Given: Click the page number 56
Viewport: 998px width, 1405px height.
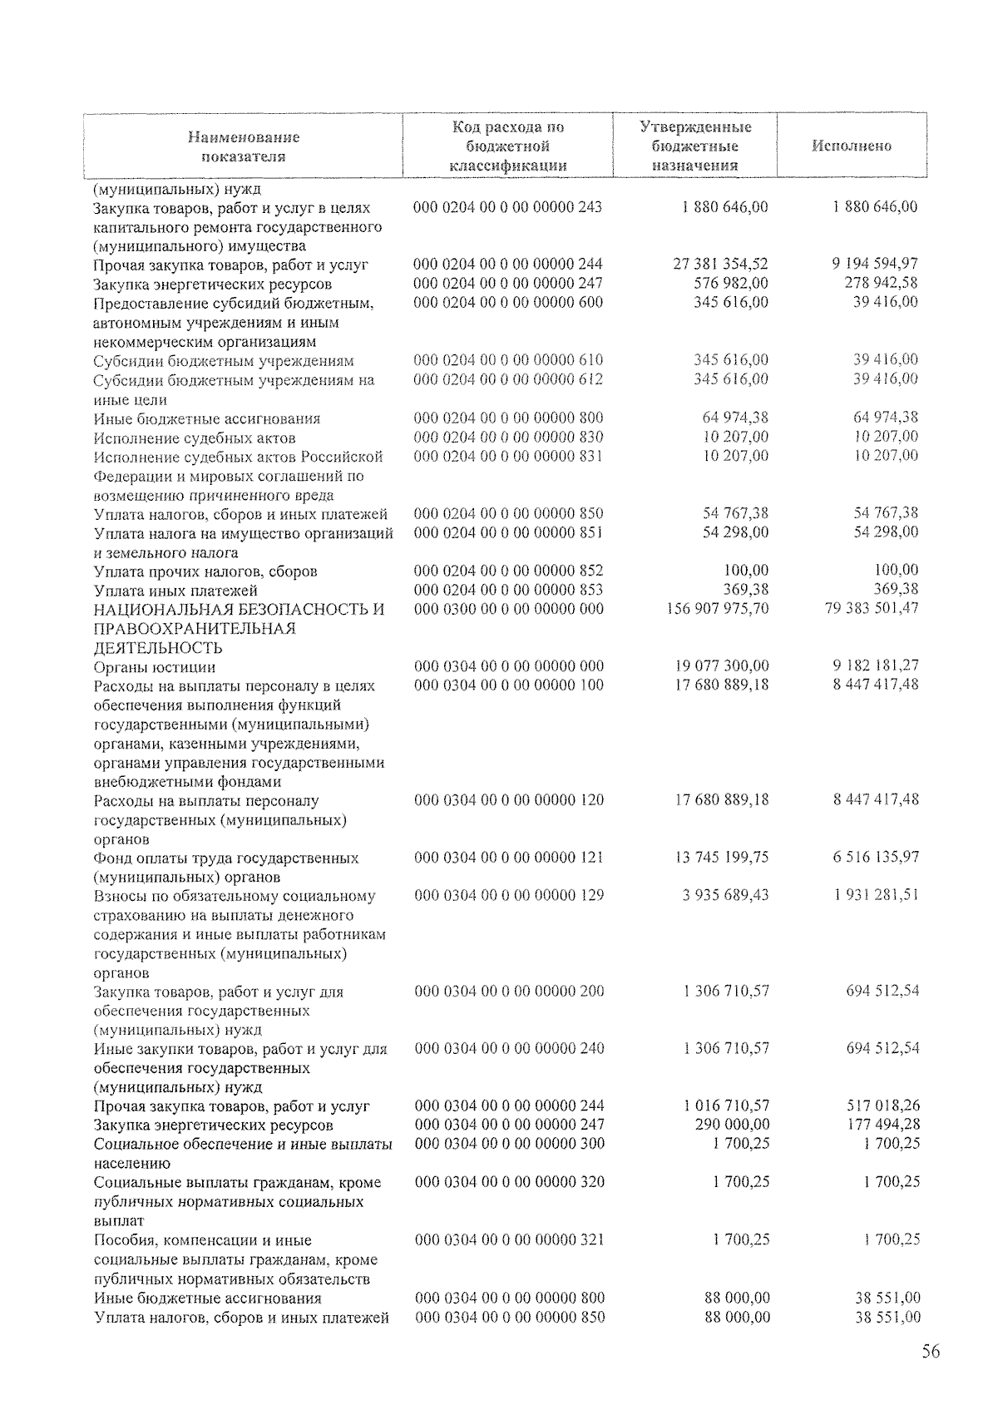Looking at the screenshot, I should pyautogui.click(x=930, y=1352).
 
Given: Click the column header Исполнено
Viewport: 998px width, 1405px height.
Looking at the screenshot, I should pyautogui.click(x=852, y=146).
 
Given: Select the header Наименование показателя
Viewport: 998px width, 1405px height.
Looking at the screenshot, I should pyautogui.click(x=243, y=146).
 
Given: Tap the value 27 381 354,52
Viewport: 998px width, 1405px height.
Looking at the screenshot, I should pyautogui.click(x=720, y=265).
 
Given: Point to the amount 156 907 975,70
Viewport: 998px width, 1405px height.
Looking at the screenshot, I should pyautogui.click(x=718, y=609).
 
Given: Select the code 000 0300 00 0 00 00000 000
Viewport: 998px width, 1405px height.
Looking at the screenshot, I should pyautogui.click(x=509, y=609).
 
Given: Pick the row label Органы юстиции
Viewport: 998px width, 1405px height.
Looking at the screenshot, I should pyautogui.click(x=155, y=667).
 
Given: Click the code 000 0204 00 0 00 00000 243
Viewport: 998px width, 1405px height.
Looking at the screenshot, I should pyautogui.click(x=507, y=207).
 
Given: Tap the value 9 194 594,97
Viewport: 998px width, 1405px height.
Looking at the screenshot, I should pyautogui.click(x=874, y=265).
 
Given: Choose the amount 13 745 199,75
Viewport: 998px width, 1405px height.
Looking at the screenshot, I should pyautogui.click(x=722, y=858).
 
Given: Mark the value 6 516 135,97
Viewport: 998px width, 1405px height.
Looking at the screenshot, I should pyautogui.click(x=876, y=858).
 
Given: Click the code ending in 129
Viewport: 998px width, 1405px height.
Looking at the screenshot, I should pyautogui.click(x=509, y=896).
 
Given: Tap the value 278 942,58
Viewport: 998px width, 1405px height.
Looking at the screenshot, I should pyautogui.click(x=881, y=284).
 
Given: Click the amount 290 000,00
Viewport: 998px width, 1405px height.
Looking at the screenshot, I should pyautogui.click(x=731, y=1125).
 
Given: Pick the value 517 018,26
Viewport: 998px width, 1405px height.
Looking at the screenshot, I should pyautogui.click(x=882, y=1106).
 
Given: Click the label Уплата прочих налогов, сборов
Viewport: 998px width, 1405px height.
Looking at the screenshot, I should pyautogui.click(x=205, y=571).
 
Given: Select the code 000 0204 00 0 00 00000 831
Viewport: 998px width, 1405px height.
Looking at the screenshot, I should pyautogui.click(x=508, y=457).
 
